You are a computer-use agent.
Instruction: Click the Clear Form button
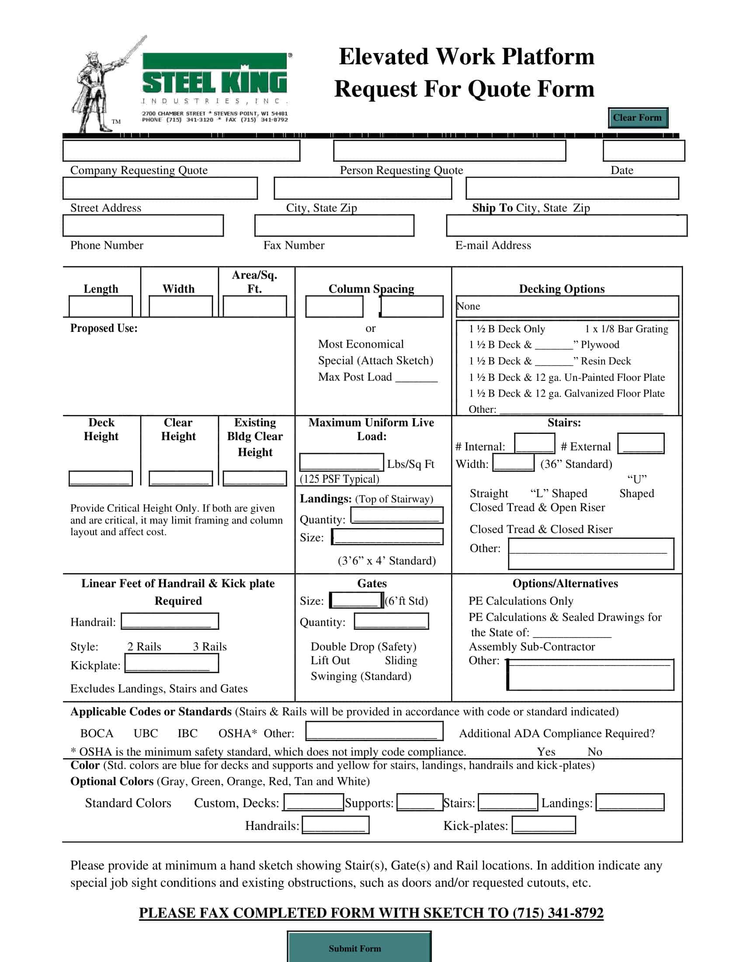click(637, 118)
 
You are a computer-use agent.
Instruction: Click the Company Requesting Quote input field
click(181, 151)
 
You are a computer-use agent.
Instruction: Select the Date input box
click(643, 151)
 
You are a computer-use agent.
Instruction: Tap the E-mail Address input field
click(566, 226)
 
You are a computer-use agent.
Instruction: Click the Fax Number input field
click(334, 226)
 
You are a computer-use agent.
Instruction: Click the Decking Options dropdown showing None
click(567, 306)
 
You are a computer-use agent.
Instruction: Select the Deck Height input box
click(101, 478)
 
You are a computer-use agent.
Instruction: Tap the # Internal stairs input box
click(535, 443)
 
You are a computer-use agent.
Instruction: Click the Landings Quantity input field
click(396, 515)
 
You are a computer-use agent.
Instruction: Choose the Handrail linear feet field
click(170, 621)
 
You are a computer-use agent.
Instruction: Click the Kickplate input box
click(172, 663)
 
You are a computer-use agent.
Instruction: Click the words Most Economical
click(361, 344)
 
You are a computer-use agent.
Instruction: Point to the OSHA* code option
click(237, 733)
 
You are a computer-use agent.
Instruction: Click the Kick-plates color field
click(544, 825)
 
